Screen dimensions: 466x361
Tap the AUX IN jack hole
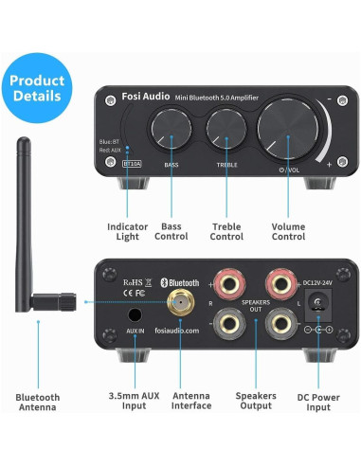tap(135, 315)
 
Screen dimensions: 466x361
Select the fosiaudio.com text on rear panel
tap(180, 331)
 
